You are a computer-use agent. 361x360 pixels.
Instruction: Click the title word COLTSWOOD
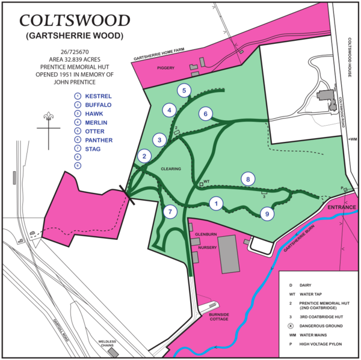75,20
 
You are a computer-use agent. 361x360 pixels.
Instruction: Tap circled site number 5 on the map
184,90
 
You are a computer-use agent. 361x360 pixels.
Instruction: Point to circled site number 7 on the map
170,212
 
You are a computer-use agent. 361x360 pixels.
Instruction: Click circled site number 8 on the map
247,178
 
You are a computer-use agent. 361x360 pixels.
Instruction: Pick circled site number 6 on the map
205,114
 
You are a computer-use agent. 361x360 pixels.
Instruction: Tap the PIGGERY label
166,68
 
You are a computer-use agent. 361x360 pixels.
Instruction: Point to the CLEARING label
171,169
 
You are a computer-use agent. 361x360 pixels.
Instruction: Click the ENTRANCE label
342,207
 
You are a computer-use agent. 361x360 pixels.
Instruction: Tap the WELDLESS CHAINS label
107,343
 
